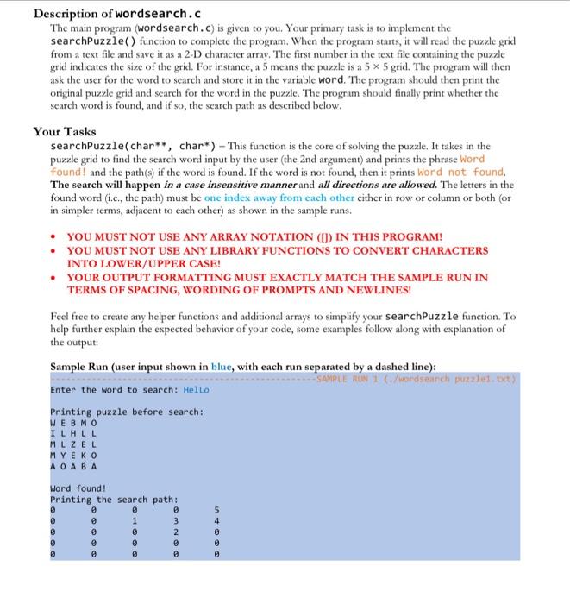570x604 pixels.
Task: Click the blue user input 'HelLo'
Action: pos(195,389)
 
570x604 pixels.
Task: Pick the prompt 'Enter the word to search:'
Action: pos(113,389)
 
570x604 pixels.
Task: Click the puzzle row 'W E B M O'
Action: pos(74,423)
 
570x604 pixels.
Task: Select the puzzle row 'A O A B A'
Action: pos(74,466)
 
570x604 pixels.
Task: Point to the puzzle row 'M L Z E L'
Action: pos(74,444)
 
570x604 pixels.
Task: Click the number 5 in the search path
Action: pos(216,509)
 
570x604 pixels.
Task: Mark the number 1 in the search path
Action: pos(134,520)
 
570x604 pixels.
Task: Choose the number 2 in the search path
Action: pos(175,532)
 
